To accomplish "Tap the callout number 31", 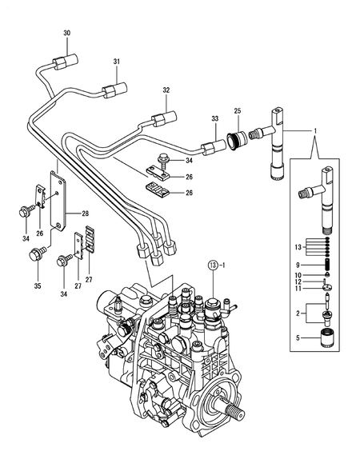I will click(116, 62).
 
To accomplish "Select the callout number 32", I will click(166, 90).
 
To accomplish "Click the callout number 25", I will click(237, 110).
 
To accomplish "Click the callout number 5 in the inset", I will click(298, 338).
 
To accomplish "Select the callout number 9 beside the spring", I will click(298, 265).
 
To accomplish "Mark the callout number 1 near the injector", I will click(314, 130).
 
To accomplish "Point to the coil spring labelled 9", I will click(326, 265).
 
